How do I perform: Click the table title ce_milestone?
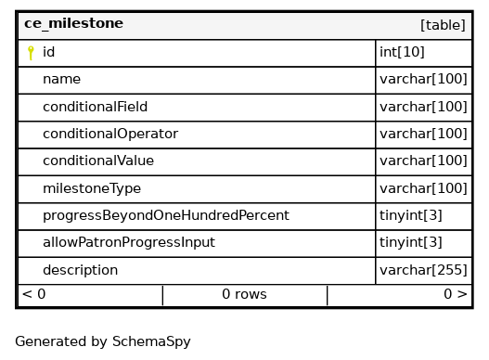pos(73,24)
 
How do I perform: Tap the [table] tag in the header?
pos(443,25)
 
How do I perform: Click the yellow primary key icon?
pos(31,53)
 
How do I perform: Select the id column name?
pos(48,52)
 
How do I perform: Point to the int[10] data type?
pos(402,52)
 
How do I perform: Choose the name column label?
pos(62,79)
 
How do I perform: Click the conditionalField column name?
pos(96,107)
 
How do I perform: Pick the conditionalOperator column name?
pos(110,134)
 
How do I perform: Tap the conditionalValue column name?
pos(98,161)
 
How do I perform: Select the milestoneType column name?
pos(92,188)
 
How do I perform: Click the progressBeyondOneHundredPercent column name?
pos(166,215)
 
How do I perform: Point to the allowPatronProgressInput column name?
pos(129,242)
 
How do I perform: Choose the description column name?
pos(80,270)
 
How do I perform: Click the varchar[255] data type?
pos(423,270)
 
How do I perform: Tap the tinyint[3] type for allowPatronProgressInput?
pos(411,242)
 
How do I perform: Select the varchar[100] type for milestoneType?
pos(423,188)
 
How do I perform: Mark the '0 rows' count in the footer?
pos(245,294)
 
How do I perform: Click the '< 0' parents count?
pos(34,294)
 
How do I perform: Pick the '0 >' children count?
pos(456,294)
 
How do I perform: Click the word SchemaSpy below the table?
pos(151,341)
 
